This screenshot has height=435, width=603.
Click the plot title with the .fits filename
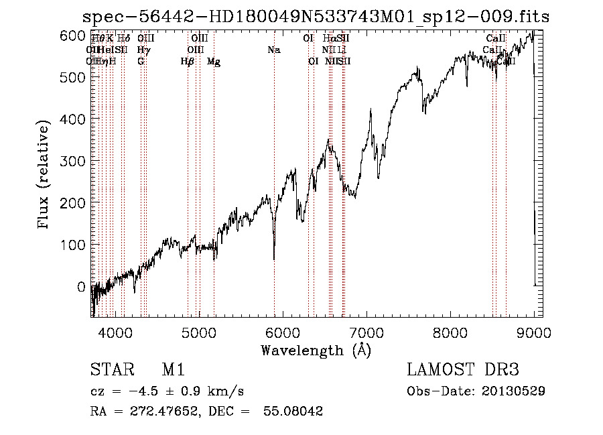pyautogui.click(x=316, y=17)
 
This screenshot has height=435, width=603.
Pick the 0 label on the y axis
pyautogui.click(x=82, y=287)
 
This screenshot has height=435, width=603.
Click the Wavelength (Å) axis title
pyautogui.click(x=316, y=350)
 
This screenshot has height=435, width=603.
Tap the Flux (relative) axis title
pyautogui.click(x=45, y=176)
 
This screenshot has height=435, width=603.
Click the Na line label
pyautogui.click(x=273, y=50)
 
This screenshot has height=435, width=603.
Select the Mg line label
pyautogui.click(x=214, y=62)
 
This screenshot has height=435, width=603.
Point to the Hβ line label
pyautogui.click(x=188, y=62)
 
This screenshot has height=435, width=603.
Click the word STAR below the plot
pyautogui.click(x=108, y=370)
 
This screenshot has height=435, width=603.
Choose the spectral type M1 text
pyautogui.click(x=173, y=370)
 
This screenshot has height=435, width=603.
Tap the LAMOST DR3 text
pyautogui.click(x=463, y=370)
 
